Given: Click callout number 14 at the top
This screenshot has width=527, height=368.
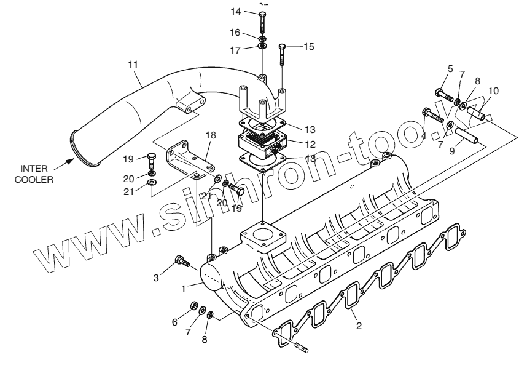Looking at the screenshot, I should (236, 11).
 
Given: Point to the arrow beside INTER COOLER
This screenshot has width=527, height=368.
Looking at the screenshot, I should (63, 164).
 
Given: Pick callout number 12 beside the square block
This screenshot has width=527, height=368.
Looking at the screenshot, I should (310, 144).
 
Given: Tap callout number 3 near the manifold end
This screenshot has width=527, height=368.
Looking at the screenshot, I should (156, 278).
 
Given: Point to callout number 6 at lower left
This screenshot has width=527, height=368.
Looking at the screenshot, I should (174, 322).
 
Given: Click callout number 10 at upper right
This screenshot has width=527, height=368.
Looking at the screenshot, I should (493, 90).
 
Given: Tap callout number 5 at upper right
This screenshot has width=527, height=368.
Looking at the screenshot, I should (450, 69).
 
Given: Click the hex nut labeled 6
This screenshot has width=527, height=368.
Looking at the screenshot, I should (192, 305).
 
